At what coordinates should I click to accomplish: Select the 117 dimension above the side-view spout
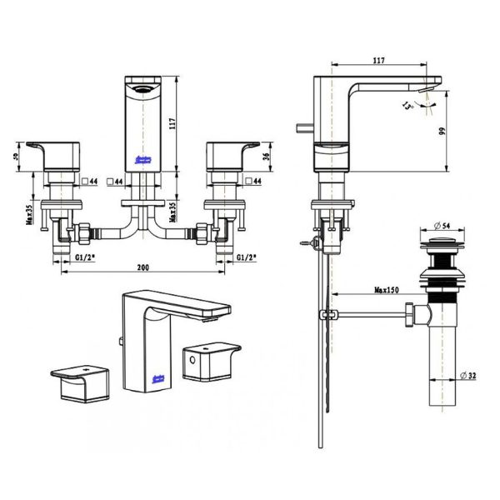(379, 60)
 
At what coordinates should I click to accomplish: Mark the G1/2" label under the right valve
(247, 260)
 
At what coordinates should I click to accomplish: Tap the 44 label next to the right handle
(256, 179)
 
